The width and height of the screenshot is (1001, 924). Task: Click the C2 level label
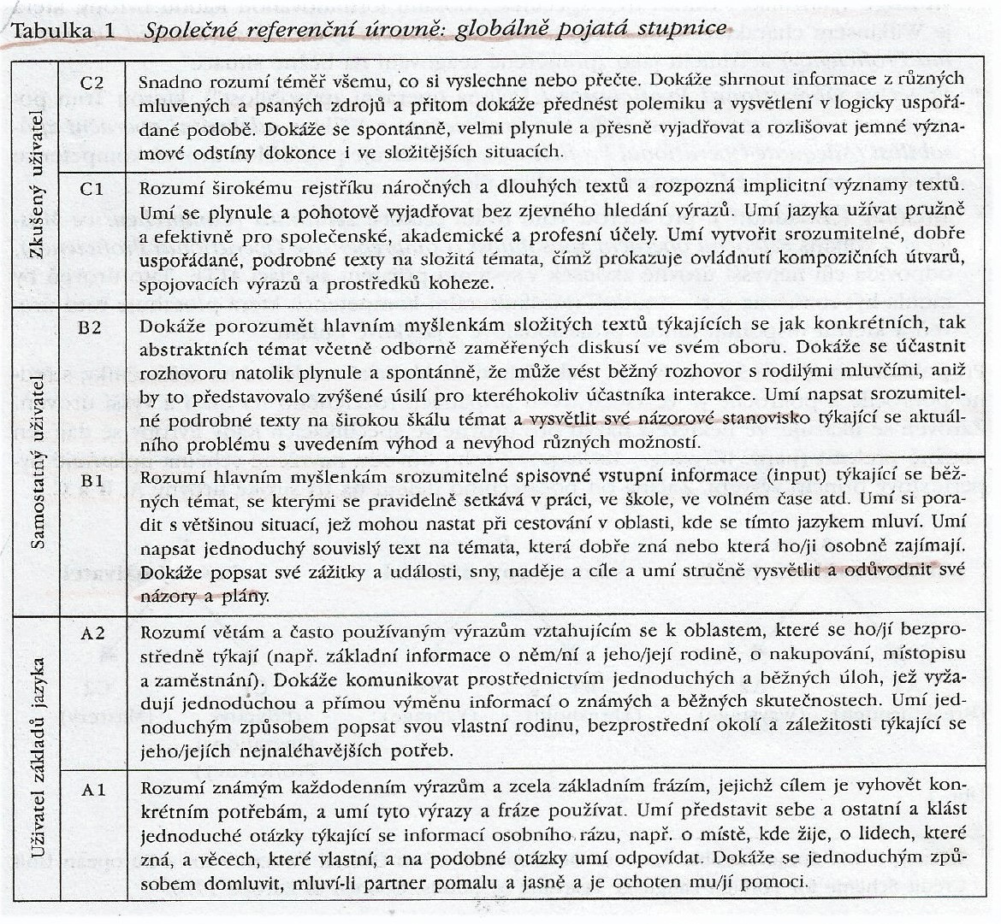pos(91,83)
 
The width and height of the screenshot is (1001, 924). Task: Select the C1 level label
pos(91,190)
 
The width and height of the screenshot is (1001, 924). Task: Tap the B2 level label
pos(91,327)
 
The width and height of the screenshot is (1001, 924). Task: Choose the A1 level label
pos(91,790)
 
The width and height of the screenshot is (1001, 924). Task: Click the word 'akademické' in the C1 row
pos(484,232)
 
